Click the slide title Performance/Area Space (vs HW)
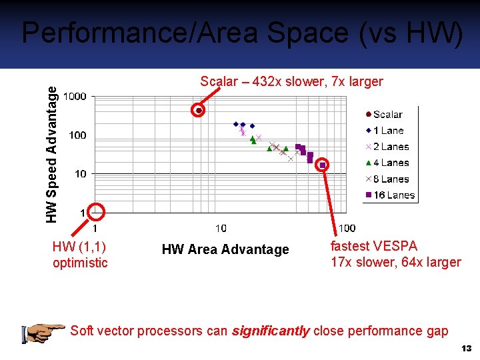(241, 33)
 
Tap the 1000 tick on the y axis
(75, 97)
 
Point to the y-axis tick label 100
(77, 135)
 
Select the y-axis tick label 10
(80, 174)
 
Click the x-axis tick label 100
(347, 229)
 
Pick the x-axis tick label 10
(221, 229)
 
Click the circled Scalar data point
(198, 110)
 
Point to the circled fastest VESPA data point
(323, 165)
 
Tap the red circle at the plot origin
(97, 212)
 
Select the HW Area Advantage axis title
(225, 249)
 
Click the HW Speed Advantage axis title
(51, 148)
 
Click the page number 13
(466, 349)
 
